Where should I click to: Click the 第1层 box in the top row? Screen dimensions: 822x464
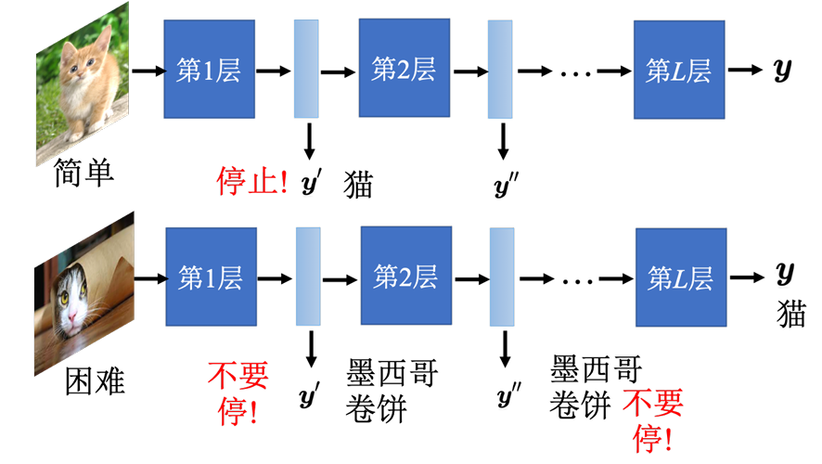tap(209, 70)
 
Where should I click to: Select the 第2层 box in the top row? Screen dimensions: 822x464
tap(405, 68)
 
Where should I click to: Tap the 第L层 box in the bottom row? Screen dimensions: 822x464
tap(681, 277)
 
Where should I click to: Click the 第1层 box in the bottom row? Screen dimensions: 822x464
tap(212, 277)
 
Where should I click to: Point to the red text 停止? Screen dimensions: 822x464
tap(252, 181)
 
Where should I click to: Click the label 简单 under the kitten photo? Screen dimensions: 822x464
tap(83, 173)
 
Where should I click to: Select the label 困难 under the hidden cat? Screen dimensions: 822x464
tap(95, 380)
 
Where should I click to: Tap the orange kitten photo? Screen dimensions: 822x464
tap(83, 84)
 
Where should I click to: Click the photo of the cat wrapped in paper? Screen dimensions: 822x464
tap(83, 293)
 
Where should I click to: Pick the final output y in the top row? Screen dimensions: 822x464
tap(782, 71)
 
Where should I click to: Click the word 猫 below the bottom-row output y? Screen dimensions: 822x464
tap(790, 314)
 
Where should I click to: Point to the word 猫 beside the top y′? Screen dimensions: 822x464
tap(358, 185)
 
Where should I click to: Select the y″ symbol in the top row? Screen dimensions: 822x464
tap(506, 185)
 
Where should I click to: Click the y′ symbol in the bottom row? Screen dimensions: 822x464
tap(309, 395)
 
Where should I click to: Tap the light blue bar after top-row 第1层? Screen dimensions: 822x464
tap(306, 69)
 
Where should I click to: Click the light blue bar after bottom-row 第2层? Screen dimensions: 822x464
tap(502, 277)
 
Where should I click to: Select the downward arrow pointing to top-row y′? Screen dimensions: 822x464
tap(309, 142)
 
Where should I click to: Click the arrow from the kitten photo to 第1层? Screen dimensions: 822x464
tap(148, 71)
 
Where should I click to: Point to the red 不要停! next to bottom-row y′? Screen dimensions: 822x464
tap(238, 393)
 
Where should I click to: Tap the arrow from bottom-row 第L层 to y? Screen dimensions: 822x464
tap(747, 277)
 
